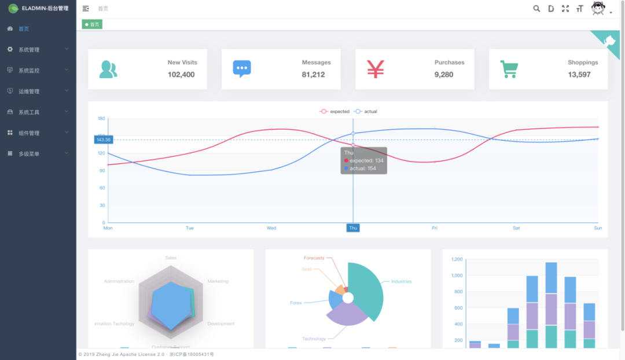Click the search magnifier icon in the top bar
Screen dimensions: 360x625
tap(536, 9)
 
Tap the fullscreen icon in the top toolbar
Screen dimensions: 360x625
tap(565, 9)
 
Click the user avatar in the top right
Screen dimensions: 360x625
tap(598, 8)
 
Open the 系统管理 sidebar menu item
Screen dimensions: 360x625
tap(29, 50)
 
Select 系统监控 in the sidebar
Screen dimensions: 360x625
tap(29, 71)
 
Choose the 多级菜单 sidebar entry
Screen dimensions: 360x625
tap(29, 154)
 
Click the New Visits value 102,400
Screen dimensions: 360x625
tap(181, 75)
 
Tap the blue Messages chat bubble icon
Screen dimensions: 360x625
tap(242, 69)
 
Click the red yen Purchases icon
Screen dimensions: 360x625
tap(376, 69)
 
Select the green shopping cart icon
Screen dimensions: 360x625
tap(509, 69)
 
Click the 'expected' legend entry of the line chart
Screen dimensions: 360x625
tap(335, 111)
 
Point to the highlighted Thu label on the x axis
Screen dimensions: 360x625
tap(353, 228)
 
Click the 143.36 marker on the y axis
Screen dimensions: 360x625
tap(104, 139)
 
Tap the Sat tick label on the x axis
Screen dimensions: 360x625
tap(516, 228)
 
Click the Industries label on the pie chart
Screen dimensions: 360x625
tap(401, 282)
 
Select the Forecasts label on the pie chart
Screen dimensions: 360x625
tap(314, 258)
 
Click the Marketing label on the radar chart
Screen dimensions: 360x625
tap(218, 281)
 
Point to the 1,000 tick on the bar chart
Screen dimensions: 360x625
tap(457, 275)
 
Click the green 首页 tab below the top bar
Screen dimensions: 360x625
tap(92, 24)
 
